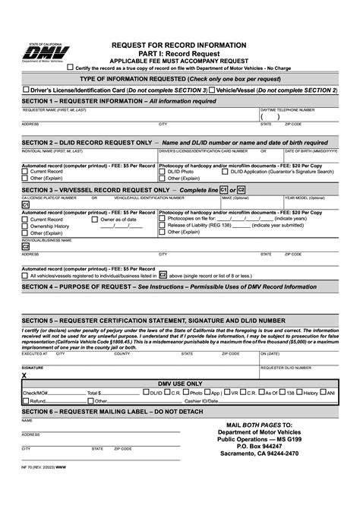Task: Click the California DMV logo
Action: (47, 54)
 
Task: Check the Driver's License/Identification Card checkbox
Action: (25, 90)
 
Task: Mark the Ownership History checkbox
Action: (25, 226)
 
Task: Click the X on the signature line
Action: (24, 375)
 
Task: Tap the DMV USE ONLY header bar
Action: (179, 384)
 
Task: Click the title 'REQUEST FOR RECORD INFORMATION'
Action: (179, 46)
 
